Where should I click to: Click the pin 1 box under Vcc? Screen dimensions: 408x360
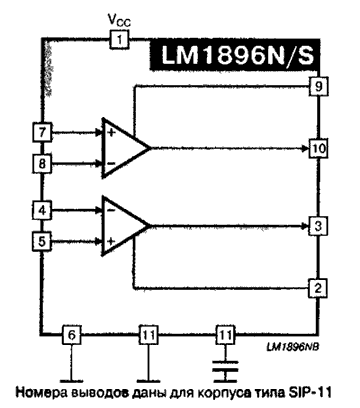pos(117,41)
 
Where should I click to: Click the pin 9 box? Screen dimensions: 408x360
pos(316,86)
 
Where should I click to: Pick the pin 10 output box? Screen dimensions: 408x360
pos(316,148)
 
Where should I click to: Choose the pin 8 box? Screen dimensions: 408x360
pos(42,162)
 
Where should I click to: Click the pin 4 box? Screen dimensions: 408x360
pos(42,211)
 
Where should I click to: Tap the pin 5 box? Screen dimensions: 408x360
pos(42,240)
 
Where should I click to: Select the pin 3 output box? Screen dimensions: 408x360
pos(316,226)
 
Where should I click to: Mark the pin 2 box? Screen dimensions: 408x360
pos(316,289)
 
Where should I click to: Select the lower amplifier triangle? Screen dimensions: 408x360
pos(123,226)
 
